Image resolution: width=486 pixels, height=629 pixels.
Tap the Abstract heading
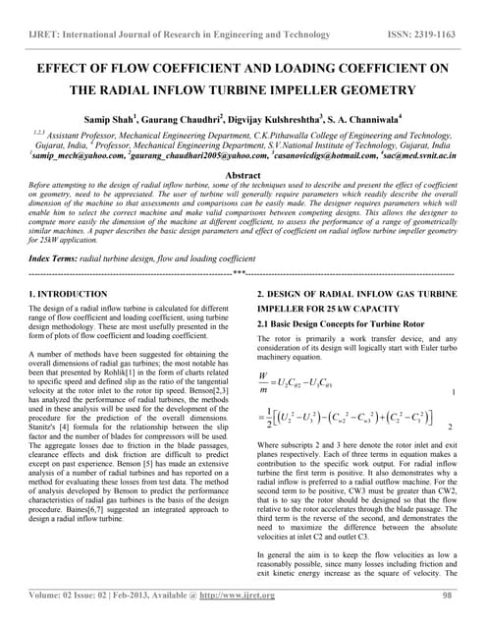pyautogui.click(x=243, y=173)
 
